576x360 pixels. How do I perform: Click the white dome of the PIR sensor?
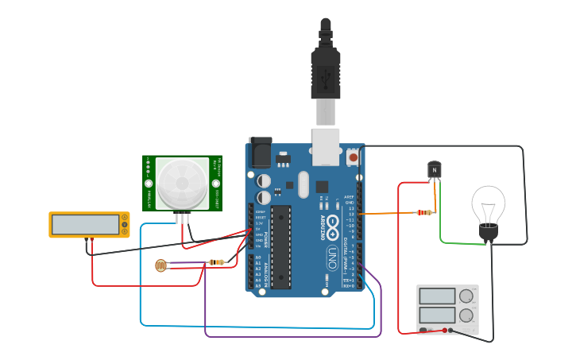tap(182, 183)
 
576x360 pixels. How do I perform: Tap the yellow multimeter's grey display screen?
tap(85, 225)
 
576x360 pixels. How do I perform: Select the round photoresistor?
tap(161, 265)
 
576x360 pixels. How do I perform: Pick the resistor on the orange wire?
tap(425, 212)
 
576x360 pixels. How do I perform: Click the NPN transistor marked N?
tap(434, 169)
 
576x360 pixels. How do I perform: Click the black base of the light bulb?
tap(488, 232)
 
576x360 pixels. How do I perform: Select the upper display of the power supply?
tap(437, 296)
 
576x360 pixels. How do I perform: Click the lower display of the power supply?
tap(437, 315)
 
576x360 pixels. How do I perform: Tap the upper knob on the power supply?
tap(466, 296)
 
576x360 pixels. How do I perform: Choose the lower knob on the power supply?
tap(466, 315)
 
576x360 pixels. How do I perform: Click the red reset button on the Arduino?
tap(354, 157)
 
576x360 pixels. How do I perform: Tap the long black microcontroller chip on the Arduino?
tap(280, 246)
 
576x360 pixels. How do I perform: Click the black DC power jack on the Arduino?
tap(260, 152)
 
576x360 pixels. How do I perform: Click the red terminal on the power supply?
tap(444, 330)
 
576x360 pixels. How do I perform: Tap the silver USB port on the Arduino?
tap(326, 146)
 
